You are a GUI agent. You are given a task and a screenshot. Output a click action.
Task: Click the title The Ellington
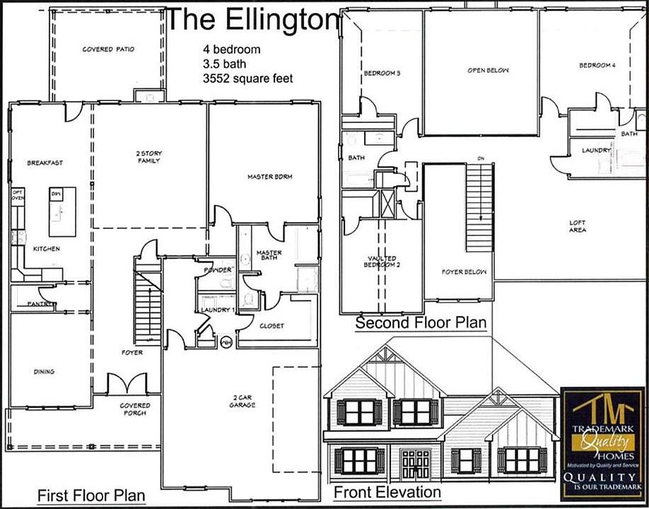tap(252, 20)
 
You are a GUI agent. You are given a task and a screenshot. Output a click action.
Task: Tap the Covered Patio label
tap(108, 49)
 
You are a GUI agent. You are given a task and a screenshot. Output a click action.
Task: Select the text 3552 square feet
tap(247, 78)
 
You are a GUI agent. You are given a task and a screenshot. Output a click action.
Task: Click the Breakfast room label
tap(45, 163)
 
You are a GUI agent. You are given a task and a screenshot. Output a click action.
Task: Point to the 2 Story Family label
tap(148, 156)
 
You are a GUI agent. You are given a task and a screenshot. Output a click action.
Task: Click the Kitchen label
tap(46, 249)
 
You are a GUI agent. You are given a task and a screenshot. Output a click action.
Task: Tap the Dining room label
tap(44, 371)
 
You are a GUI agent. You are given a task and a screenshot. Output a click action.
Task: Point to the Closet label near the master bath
tap(272, 326)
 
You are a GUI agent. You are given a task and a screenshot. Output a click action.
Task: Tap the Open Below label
tap(488, 71)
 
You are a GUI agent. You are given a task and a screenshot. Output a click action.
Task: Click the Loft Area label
tap(578, 226)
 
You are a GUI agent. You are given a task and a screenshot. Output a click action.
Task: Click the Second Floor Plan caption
tap(421, 323)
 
